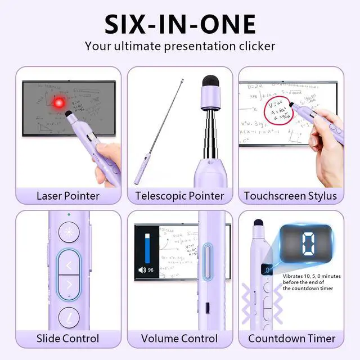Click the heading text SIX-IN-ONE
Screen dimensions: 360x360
[x=180, y=24]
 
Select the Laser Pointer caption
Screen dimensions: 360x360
[x=68, y=196]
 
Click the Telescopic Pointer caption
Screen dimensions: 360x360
[x=179, y=196]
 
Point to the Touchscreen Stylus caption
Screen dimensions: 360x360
[x=290, y=196]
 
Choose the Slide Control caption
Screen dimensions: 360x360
[x=67, y=338]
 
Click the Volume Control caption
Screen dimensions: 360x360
[x=179, y=338]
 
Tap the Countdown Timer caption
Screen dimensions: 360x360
[x=291, y=338]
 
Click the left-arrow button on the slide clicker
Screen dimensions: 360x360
[x=69, y=264]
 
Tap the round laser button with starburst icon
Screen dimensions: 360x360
[x=69, y=232]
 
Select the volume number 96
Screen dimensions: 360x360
[x=151, y=270]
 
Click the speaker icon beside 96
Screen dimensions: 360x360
[x=142, y=270]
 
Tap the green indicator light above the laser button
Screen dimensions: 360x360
[x=69, y=214]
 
